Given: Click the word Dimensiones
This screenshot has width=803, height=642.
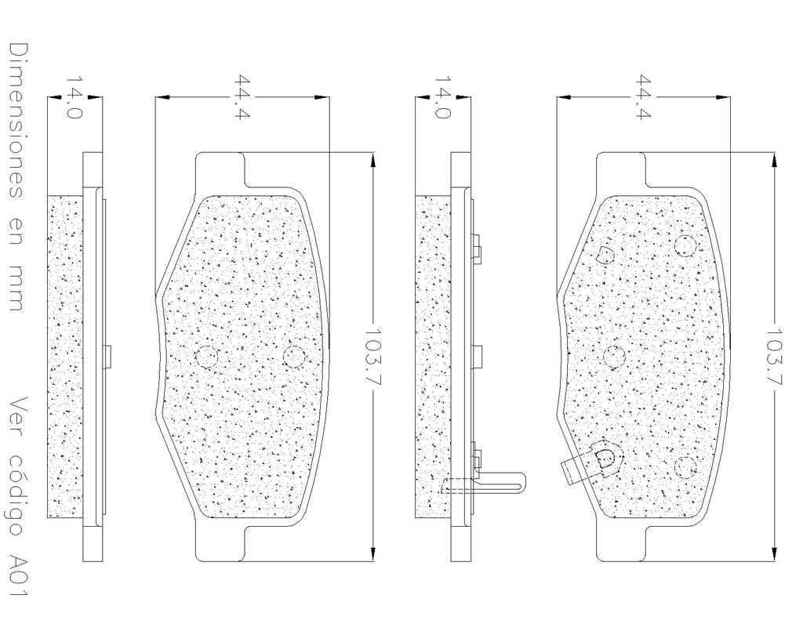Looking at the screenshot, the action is pos(16,121).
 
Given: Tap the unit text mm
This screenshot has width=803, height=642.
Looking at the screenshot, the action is pos(16,288).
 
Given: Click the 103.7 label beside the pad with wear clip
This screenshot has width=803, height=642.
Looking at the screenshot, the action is pos(772,357).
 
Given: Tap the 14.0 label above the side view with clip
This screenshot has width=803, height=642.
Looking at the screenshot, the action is pos(442,97).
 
